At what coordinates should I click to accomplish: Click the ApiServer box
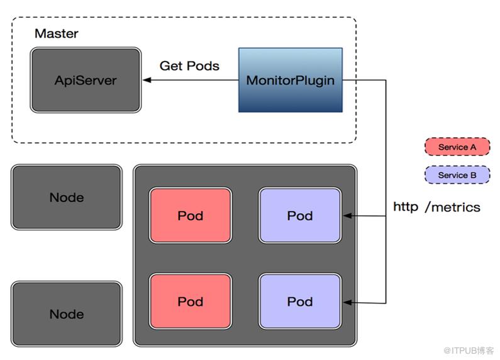86,81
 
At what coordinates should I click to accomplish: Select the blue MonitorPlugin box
290,80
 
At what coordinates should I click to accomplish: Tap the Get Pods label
189,65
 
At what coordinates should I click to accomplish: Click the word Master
57,33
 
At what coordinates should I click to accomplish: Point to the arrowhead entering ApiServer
146,81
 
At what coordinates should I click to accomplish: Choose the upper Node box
67,198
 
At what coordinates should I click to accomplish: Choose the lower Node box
67,314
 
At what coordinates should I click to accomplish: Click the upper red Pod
190,215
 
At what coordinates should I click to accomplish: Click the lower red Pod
190,301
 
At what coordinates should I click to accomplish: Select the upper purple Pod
300,215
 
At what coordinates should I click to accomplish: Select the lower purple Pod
300,301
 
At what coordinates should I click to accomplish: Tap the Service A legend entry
457,147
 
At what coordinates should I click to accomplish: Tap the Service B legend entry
457,175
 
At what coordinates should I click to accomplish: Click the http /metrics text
436,206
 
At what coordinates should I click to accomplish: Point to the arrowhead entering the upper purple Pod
346,216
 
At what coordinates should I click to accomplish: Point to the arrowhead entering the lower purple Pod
346,303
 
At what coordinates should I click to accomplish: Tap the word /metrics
453,206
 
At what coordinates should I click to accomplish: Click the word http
406,206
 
